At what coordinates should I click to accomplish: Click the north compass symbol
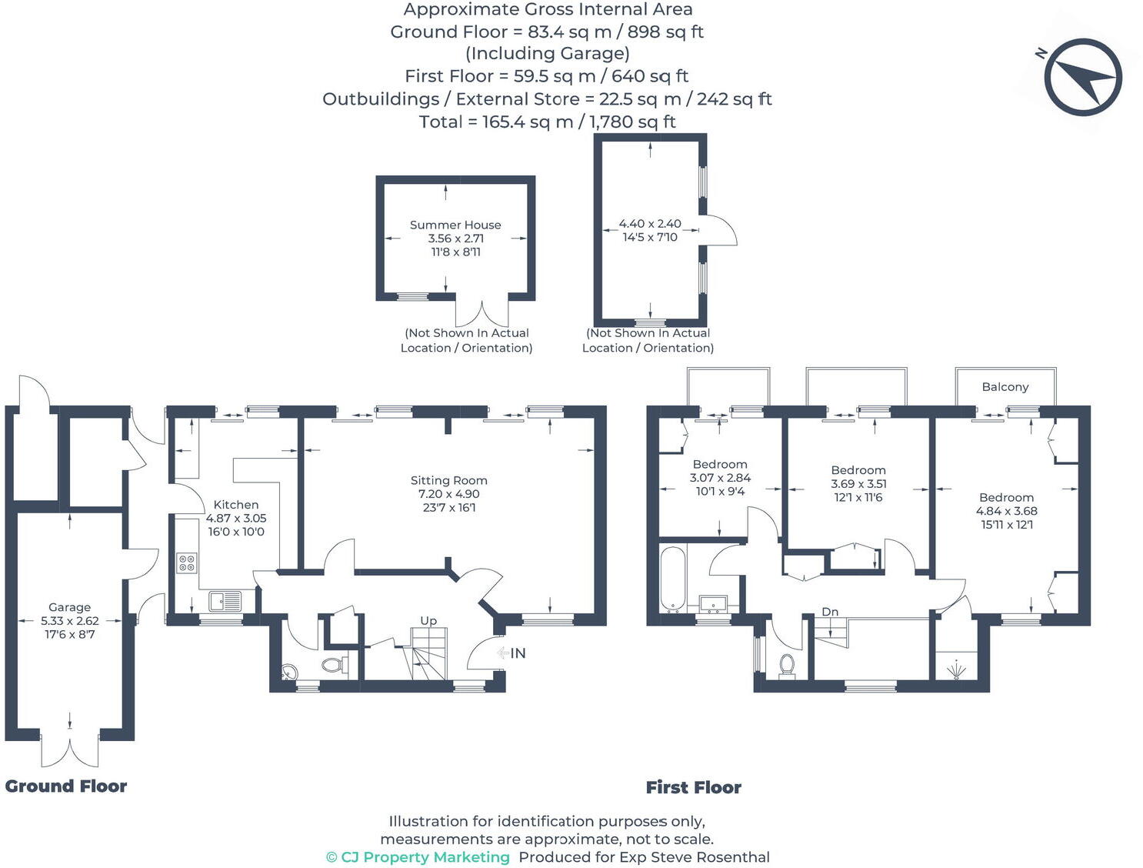[x=1082, y=77]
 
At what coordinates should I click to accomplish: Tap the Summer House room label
[x=455, y=225]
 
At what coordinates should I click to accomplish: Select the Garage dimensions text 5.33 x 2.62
[x=69, y=621]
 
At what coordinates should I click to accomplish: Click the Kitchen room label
[x=235, y=505]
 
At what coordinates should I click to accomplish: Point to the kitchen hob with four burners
[x=187, y=563]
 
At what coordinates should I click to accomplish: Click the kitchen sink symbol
[x=225, y=600]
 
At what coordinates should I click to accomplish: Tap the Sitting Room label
[x=448, y=480]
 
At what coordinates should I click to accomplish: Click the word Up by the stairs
[x=428, y=620]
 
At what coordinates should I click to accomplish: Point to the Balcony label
[x=1005, y=387]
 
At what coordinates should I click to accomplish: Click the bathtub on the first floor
[x=672, y=579]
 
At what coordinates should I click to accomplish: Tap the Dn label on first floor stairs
[x=830, y=612]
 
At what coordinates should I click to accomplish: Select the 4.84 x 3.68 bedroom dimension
[x=1006, y=511]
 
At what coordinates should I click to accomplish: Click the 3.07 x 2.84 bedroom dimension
[x=720, y=478]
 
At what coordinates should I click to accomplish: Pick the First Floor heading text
[x=693, y=787]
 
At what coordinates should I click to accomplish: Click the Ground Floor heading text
[x=66, y=786]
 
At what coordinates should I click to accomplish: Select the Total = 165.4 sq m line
[x=547, y=122]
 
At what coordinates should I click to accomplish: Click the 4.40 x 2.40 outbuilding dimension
[x=650, y=224]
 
